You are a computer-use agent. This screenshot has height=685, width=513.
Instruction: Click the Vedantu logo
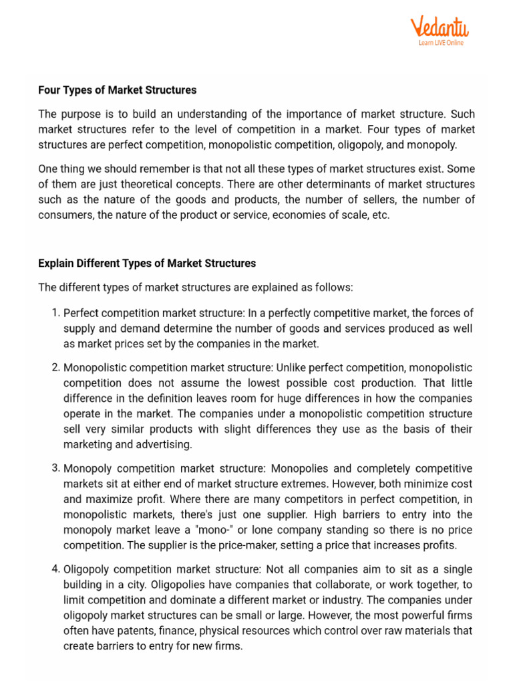[439, 28]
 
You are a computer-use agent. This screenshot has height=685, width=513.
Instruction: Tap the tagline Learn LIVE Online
[441, 43]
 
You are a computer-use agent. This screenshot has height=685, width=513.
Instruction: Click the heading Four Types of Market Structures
[118, 90]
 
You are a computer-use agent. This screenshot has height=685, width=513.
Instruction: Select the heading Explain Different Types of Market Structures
[147, 264]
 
